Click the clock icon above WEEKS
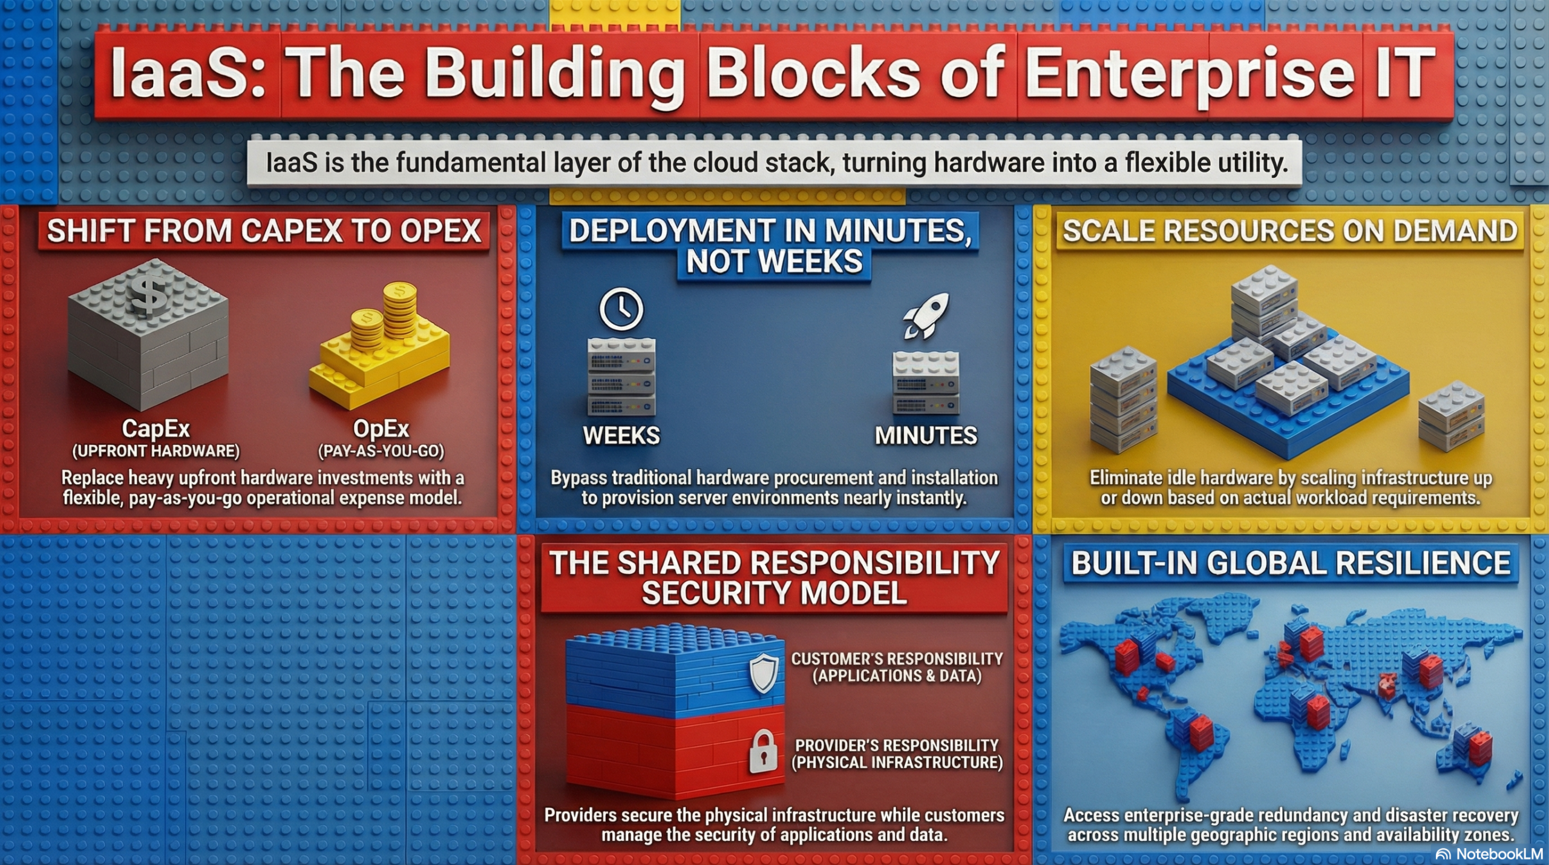pyautogui.click(x=621, y=309)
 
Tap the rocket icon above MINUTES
pyautogui.click(x=926, y=315)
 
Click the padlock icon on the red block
pyautogui.click(x=763, y=751)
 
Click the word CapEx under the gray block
pyautogui.click(x=156, y=429)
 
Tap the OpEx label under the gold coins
pyautogui.click(x=381, y=429)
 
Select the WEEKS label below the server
pyautogui.click(x=621, y=436)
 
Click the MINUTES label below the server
pyautogui.click(x=926, y=436)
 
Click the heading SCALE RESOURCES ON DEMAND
pyautogui.click(x=1290, y=231)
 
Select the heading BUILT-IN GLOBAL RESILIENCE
pyautogui.click(x=1291, y=563)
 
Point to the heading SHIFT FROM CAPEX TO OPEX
pyautogui.click(x=264, y=231)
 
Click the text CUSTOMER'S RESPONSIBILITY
pyautogui.click(x=897, y=659)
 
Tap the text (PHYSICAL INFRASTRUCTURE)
pyautogui.click(x=897, y=762)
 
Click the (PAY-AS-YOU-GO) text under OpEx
pyautogui.click(x=381, y=452)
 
